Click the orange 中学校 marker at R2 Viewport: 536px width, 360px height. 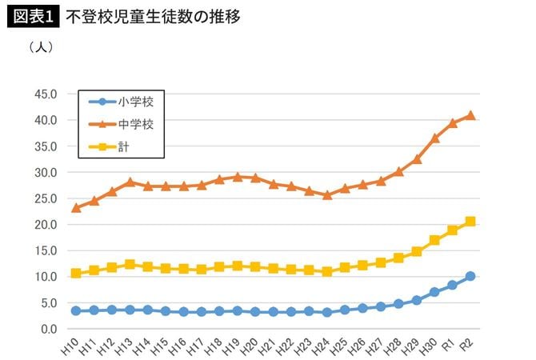coord(470,115)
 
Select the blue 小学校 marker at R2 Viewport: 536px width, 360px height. coord(470,276)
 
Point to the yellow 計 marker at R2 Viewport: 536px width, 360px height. coord(470,222)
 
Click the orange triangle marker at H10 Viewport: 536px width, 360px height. coord(76,207)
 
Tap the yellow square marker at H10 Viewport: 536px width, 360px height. coord(76,274)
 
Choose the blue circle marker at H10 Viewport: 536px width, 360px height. coord(76,310)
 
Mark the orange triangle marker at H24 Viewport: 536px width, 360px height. coord(327,194)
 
